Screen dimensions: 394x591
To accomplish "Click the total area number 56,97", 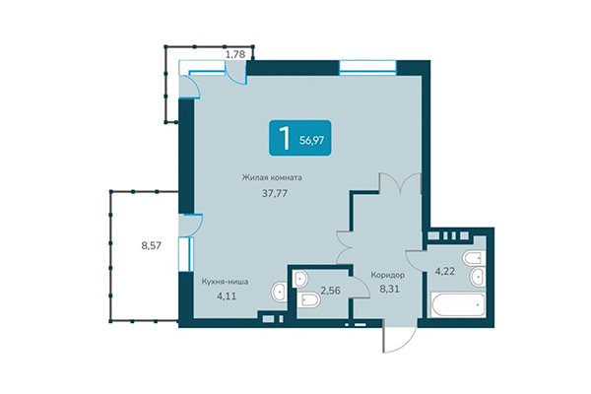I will pos(311,140).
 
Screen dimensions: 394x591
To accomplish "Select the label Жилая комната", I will pos(272,178).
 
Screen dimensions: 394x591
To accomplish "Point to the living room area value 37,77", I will pos(272,194).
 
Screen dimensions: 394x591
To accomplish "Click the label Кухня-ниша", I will pos(225,281).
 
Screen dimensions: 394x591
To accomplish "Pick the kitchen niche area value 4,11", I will pos(225,295).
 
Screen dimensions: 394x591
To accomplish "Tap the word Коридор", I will pos(388,275).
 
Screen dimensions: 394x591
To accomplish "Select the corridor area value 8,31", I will pos(388,291).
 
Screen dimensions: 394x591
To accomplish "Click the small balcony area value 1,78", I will pos(235,54).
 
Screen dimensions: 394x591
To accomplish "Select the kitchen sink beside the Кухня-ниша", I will pos(279,292).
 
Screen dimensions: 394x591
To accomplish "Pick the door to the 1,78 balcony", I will pos(191,86).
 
